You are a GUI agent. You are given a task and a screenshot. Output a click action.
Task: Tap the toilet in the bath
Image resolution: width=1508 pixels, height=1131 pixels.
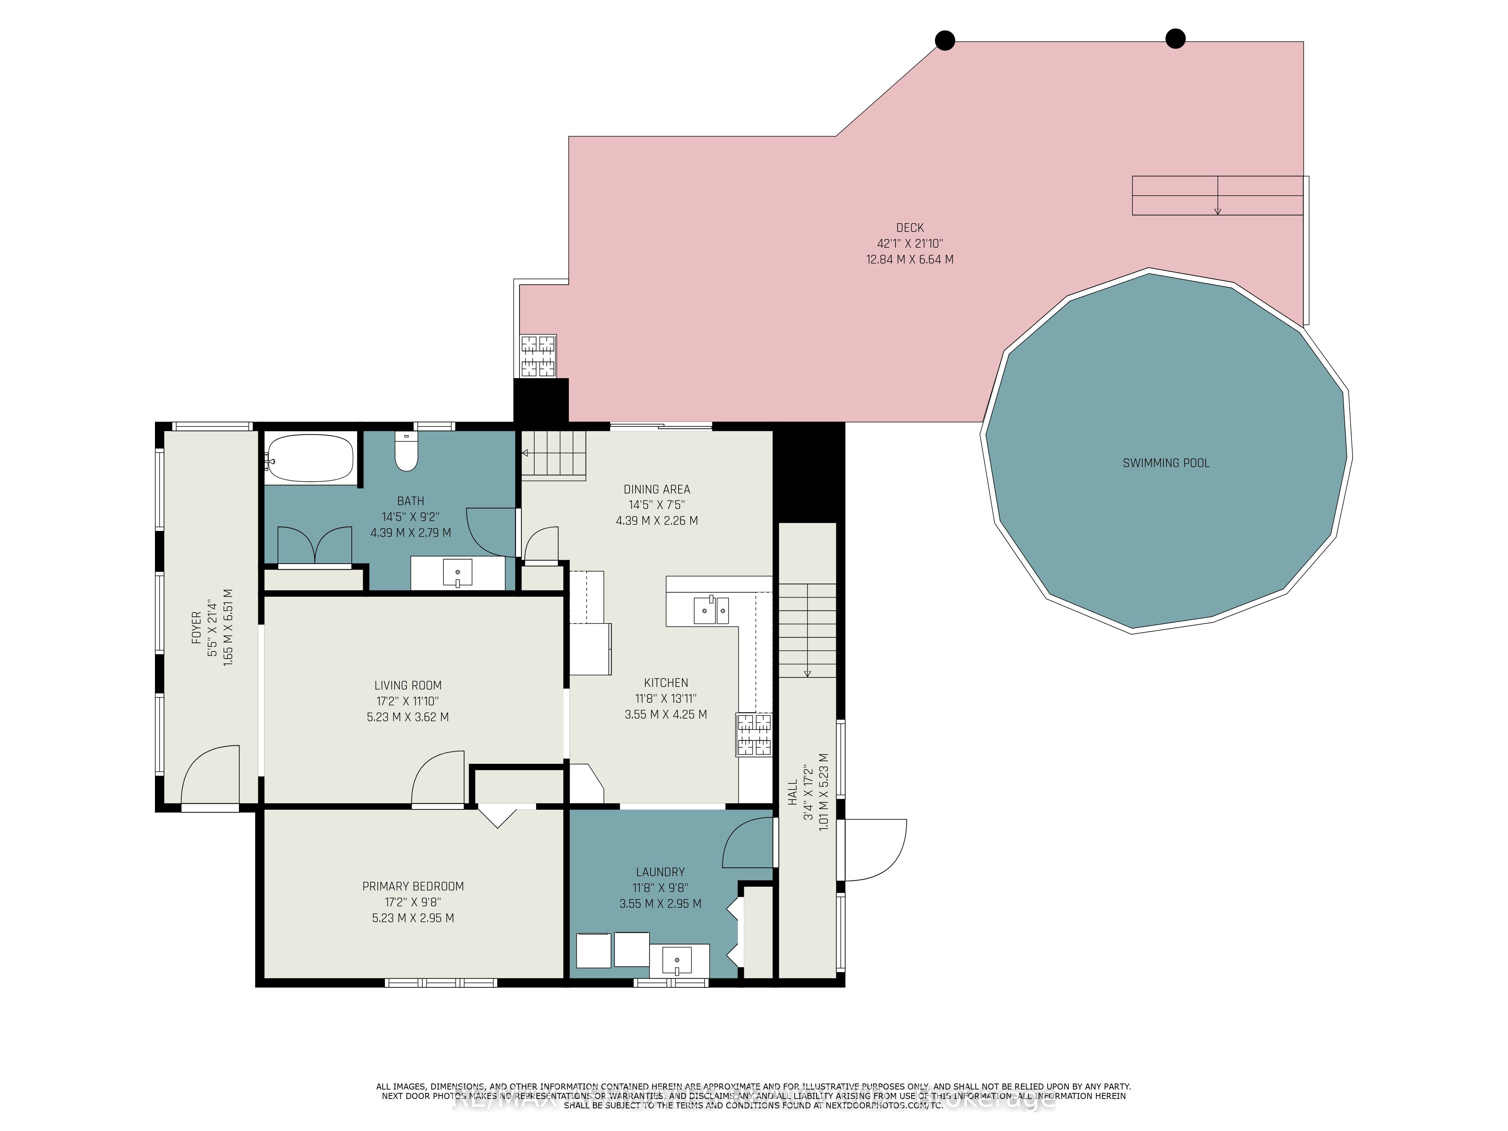(x=406, y=454)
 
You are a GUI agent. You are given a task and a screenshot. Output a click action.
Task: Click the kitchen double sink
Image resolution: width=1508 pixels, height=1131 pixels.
(x=711, y=610)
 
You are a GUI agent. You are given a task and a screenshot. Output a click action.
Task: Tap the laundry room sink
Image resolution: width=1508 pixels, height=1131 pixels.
(x=677, y=961)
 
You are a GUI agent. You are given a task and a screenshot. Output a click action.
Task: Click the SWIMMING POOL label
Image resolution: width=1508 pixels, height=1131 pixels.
(x=1166, y=463)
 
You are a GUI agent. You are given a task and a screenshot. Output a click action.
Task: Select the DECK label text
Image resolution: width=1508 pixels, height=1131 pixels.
(x=909, y=228)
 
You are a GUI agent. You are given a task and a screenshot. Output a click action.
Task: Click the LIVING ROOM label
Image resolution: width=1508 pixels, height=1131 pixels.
(x=408, y=685)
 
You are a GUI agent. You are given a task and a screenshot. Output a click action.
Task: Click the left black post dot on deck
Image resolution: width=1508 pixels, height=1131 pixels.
(x=944, y=41)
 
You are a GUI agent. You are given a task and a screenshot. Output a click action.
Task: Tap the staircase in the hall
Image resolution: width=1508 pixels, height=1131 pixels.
(x=807, y=631)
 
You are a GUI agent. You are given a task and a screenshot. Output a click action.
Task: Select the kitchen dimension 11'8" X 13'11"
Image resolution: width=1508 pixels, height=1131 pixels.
(x=665, y=698)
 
